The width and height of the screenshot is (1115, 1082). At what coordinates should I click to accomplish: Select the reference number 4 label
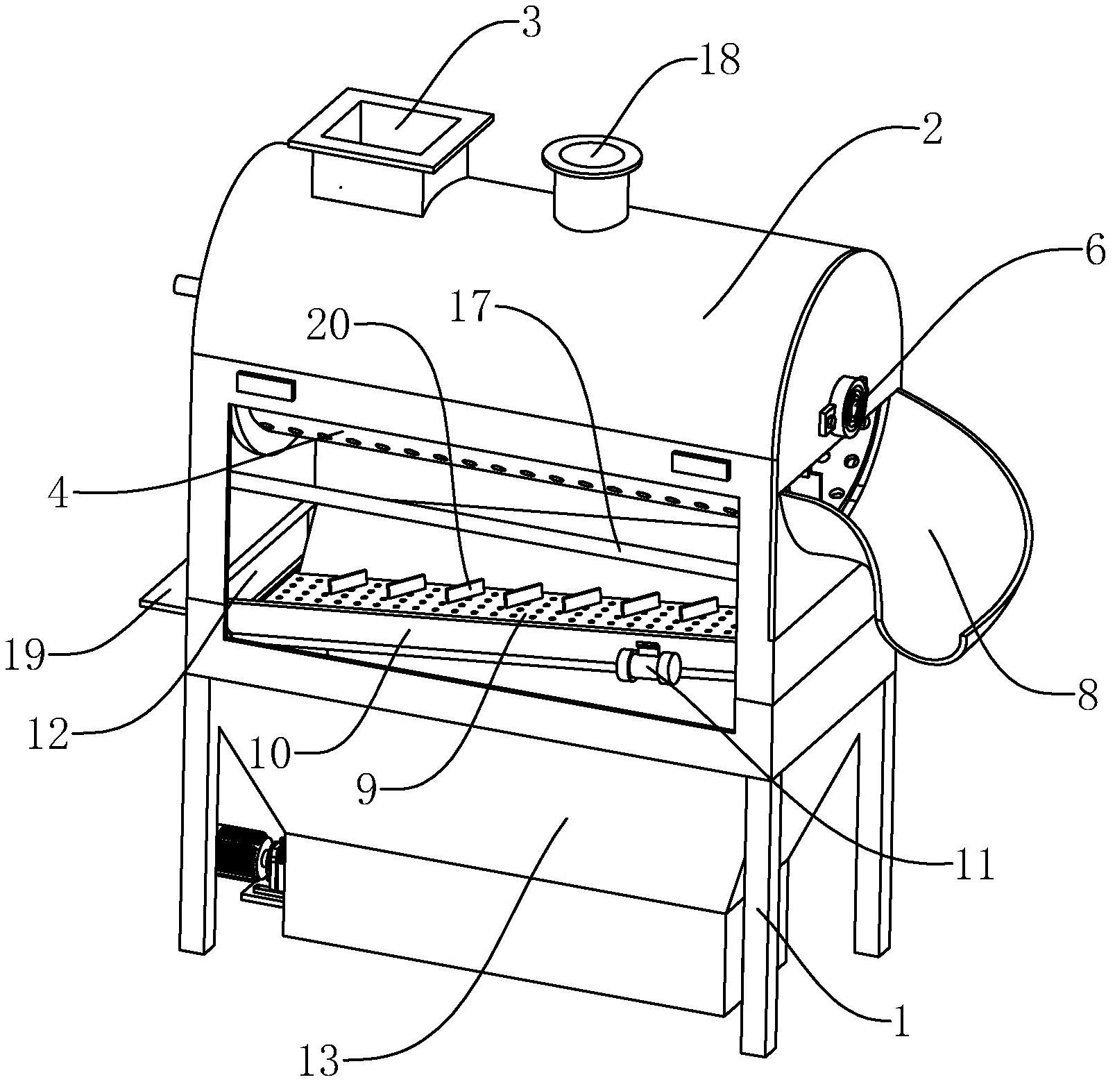point(59,494)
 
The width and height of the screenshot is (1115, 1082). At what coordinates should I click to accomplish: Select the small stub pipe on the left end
point(185,285)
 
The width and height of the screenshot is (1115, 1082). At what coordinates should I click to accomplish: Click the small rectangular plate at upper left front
point(266,387)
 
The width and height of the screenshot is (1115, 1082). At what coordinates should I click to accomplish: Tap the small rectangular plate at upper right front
point(701,465)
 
